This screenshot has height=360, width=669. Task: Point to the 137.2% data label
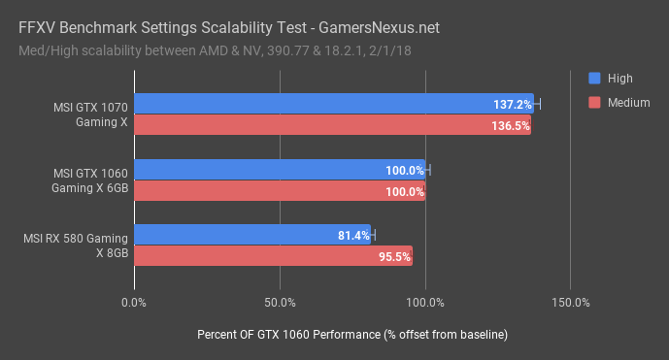(512, 104)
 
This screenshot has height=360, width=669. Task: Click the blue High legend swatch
(594, 78)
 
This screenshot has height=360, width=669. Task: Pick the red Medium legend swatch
(594, 102)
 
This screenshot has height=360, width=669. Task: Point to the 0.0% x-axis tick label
(134, 303)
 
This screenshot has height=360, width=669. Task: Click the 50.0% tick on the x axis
(280, 303)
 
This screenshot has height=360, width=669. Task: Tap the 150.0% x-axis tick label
(570, 303)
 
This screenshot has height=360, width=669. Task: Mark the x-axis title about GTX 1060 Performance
(352, 334)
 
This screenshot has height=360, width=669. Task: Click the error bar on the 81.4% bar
(373, 235)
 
